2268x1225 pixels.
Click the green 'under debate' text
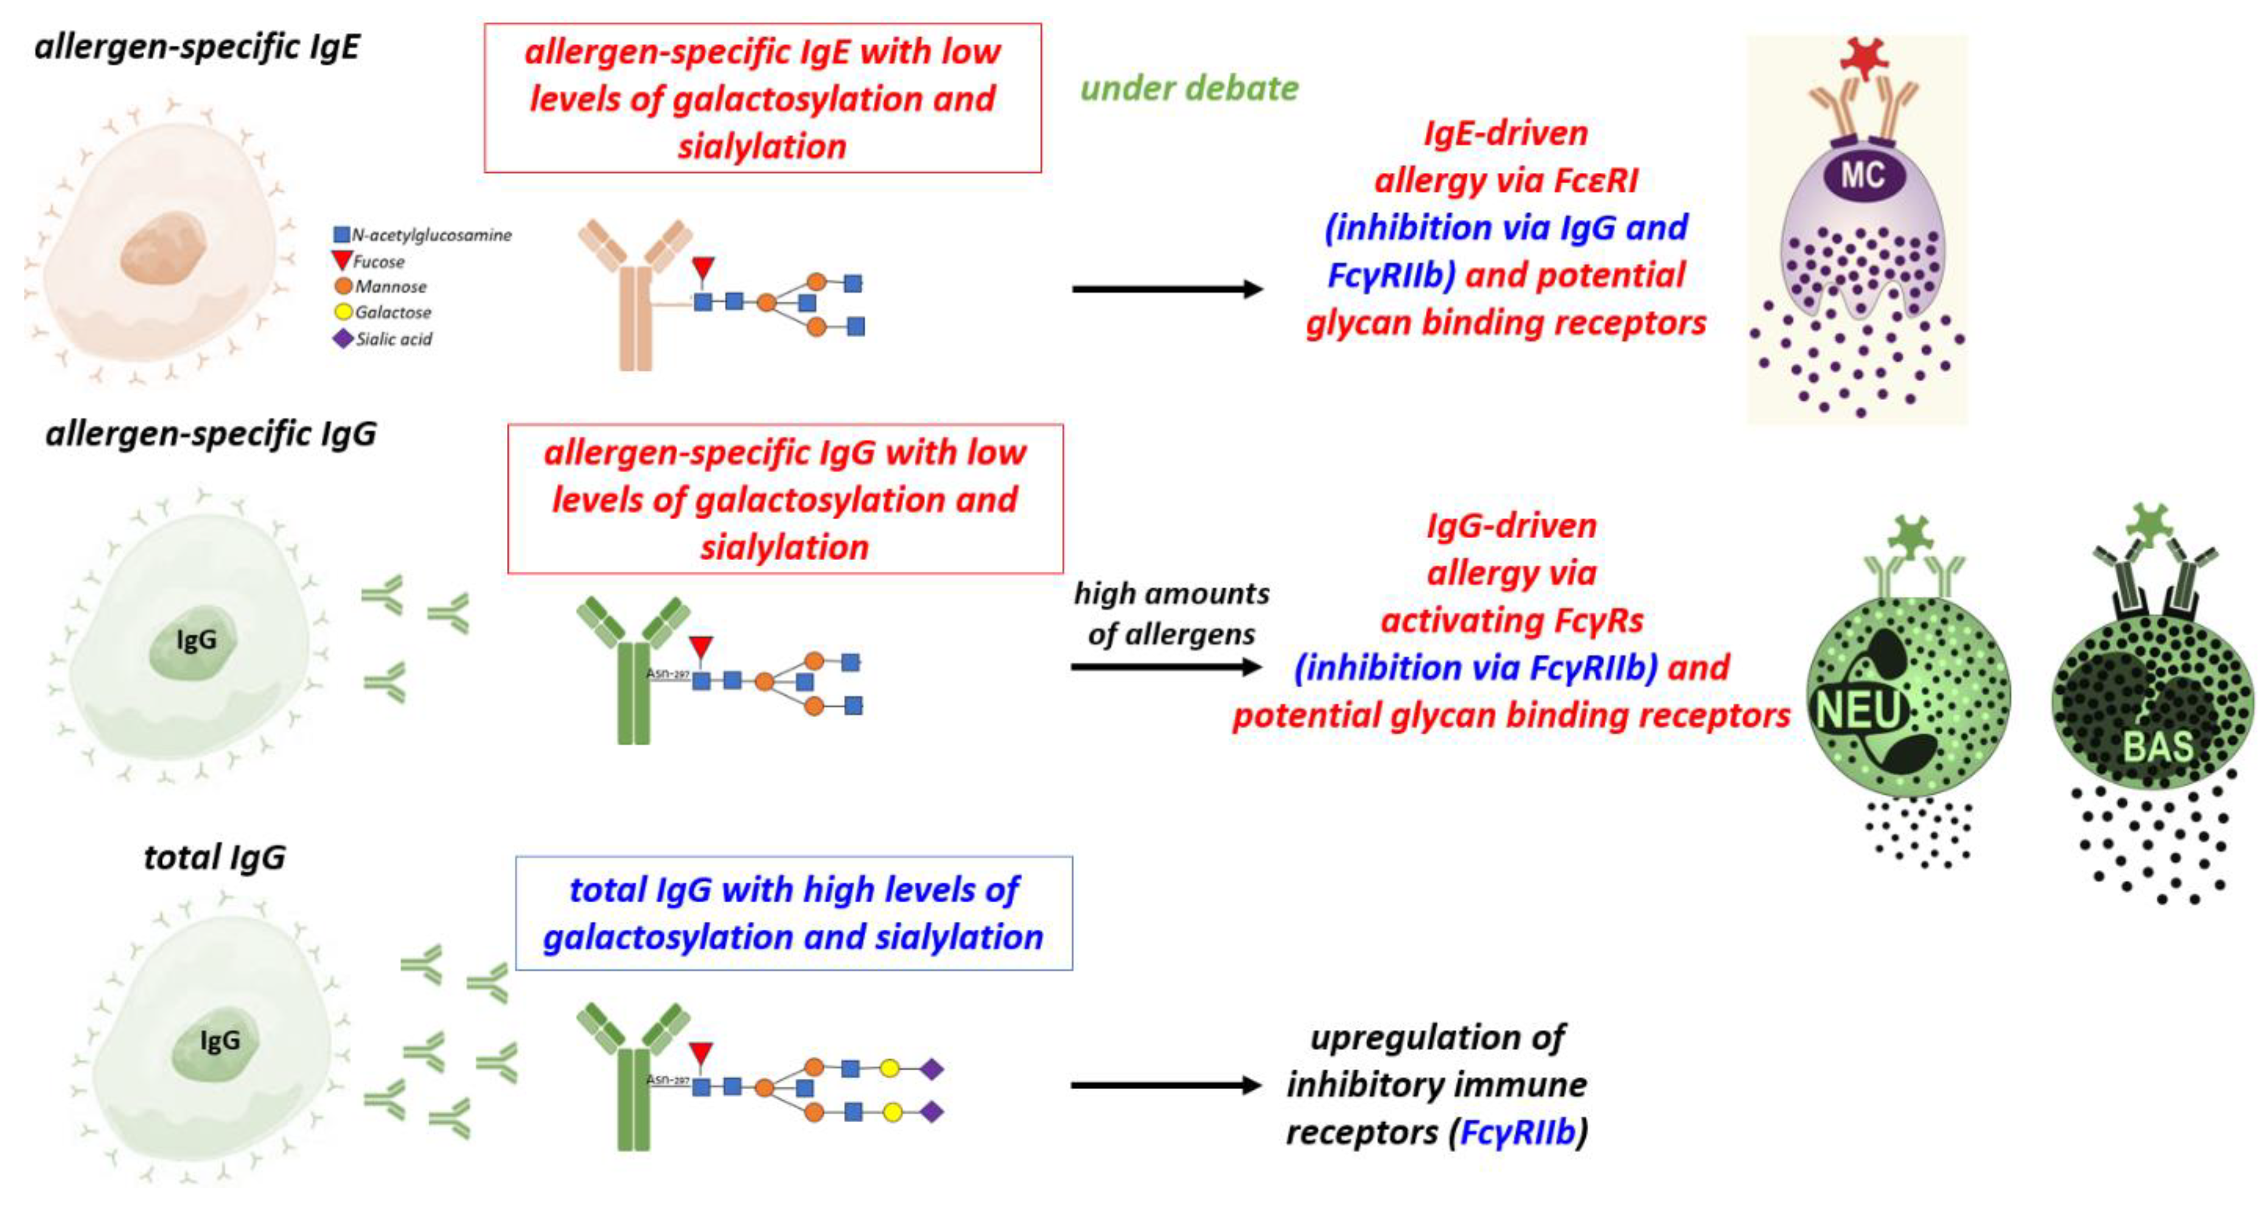pyautogui.click(x=1188, y=88)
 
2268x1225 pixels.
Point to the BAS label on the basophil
pyautogui.click(x=2157, y=747)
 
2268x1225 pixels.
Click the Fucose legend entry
pyautogui.click(x=368, y=262)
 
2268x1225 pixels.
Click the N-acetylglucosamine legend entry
pyautogui.click(x=422, y=235)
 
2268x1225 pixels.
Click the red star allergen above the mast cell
pyautogui.click(x=1864, y=58)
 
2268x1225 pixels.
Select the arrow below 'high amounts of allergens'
pyautogui.click(x=1167, y=667)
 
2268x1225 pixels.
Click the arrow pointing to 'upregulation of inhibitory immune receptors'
pyautogui.click(x=1167, y=1085)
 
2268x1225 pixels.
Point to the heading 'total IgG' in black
pyautogui.click(x=215, y=857)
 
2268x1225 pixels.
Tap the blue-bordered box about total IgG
pyautogui.click(x=794, y=913)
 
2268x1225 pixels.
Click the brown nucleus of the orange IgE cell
pyautogui.click(x=164, y=247)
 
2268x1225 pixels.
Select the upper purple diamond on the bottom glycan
pyautogui.click(x=932, y=1069)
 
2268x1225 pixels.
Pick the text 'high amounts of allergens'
pyautogui.click(x=1171, y=614)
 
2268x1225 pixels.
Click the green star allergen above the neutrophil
pyautogui.click(x=1911, y=536)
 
